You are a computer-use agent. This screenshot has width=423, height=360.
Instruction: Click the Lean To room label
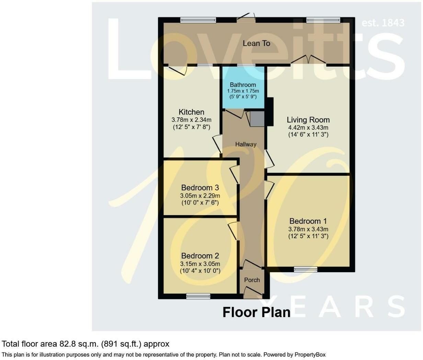pyautogui.click(x=256, y=43)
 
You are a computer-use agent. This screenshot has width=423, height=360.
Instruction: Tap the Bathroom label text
pyautogui.click(x=243, y=85)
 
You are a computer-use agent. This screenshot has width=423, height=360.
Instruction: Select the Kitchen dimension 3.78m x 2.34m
pyautogui.click(x=191, y=120)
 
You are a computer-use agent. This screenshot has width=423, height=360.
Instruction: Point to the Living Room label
pyautogui.click(x=308, y=120)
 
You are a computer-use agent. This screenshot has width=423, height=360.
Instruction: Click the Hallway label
pyautogui.click(x=246, y=144)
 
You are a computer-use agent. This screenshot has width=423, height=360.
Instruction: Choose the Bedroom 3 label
pyautogui.click(x=200, y=188)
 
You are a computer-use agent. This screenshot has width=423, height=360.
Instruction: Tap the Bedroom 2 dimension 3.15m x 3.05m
pyautogui.click(x=200, y=264)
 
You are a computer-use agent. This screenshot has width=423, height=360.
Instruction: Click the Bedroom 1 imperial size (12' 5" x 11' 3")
pyautogui.click(x=308, y=236)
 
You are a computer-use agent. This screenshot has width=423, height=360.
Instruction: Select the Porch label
pyautogui.click(x=252, y=280)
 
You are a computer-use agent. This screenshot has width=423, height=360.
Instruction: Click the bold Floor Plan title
pyautogui.click(x=256, y=312)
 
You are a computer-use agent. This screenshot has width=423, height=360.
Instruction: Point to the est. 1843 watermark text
pyautogui.click(x=383, y=23)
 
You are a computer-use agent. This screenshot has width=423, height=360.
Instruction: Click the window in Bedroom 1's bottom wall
pyautogui.click(x=306, y=269)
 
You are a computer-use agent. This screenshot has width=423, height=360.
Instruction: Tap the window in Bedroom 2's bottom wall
pyautogui.click(x=198, y=296)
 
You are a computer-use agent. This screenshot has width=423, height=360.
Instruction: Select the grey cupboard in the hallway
pyautogui.click(x=257, y=119)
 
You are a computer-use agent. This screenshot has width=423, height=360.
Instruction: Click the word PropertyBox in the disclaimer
pyautogui.click(x=310, y=355)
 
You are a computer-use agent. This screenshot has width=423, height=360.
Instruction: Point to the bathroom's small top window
pyautogui.click(x=246, y=66)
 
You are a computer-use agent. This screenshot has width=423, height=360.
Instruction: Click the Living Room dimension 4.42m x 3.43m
pyautogui.click(x=308, y=128)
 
